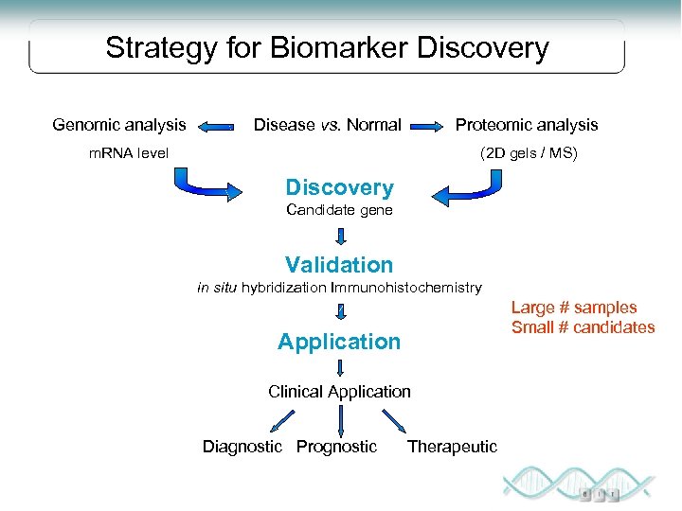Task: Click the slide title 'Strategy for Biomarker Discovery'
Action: pos(327,48)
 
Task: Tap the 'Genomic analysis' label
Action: pos(119,125)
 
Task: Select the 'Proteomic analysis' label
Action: pos(527,125)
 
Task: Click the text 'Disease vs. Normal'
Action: pos(327,125)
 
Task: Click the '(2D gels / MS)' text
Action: pos(529,152)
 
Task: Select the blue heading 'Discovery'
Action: pos(339,188)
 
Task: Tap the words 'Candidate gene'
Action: pos(339,210)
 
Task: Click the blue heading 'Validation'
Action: pos(339,265)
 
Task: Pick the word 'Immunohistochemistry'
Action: pos(406,287)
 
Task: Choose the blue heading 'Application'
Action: pos(339,342)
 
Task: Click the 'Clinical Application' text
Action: pos(339,392)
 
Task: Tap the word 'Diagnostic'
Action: pos(242,447)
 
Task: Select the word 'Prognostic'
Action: pos(336,447)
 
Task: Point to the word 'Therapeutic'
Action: pos(452,447)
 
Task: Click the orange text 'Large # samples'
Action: pos(574,308)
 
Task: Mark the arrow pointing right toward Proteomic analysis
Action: pos(431,126)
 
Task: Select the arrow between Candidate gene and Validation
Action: pos(339,236)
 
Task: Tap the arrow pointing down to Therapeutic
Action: pos(392,421)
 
